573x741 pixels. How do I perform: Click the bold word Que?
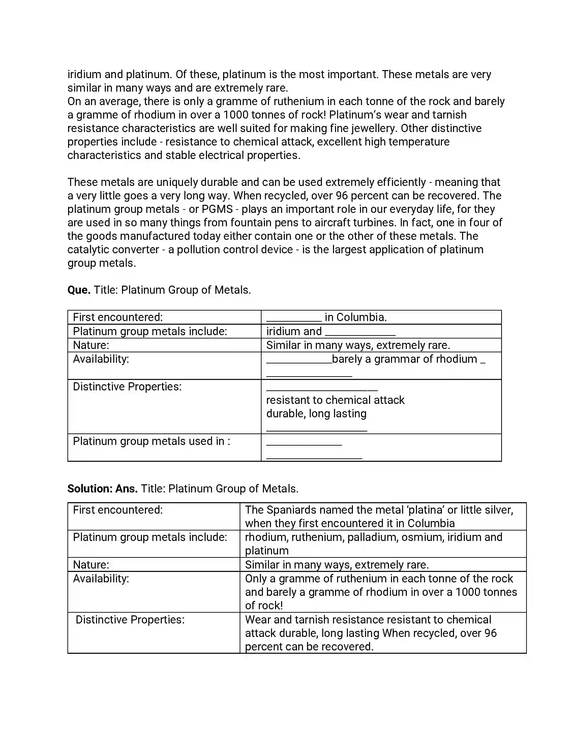(x=79, y=290)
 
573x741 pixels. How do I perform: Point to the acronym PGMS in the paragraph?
(x=217, y=210)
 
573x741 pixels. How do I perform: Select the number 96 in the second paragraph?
(x=341, y=196)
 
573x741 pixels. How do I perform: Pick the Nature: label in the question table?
(x=91, y=345)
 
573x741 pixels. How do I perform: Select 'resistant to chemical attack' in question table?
(x=335, y=400)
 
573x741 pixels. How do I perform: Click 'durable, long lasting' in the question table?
(x=316, y=414)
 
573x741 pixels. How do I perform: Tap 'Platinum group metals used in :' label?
(x=151, y=442)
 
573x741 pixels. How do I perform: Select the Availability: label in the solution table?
(x=101, y=579)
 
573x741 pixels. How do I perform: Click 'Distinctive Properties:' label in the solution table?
(x=130, y=620)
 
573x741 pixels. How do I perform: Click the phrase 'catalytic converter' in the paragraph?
(x=113, y=250)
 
